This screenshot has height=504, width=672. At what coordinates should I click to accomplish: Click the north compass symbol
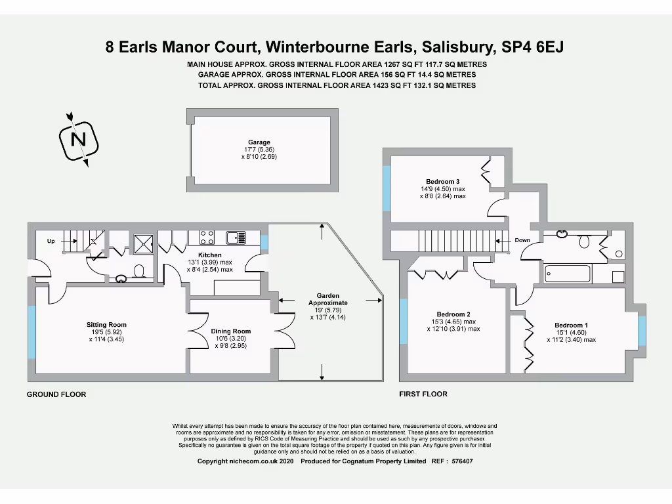click(x=79, y=140)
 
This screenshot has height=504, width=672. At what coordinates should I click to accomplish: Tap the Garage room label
click(x=259, y=142)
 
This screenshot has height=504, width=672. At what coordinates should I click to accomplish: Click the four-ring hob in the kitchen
click(x=207, y=236)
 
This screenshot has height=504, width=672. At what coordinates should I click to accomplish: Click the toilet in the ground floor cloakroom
click(x=138, y=270)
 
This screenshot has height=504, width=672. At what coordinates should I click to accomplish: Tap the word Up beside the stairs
click(x=51, y=241)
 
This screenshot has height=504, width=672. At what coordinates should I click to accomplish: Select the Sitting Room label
click(x=106, y=325)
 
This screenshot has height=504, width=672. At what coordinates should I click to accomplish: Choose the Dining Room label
click(x=231, y=331)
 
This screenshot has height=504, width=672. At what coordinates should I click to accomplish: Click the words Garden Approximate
click(x=328, y=299)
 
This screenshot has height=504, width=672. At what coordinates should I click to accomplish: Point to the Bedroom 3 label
click(x=443, y=181)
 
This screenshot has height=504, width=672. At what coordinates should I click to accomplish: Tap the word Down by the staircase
click(x=522, y=240)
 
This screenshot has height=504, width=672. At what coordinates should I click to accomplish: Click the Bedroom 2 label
click(x=453, y=314)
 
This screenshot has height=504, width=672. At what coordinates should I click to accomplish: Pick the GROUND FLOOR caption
click(x=56, y=394)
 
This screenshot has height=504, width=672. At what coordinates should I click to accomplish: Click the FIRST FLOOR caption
click(x=423, y=394)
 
